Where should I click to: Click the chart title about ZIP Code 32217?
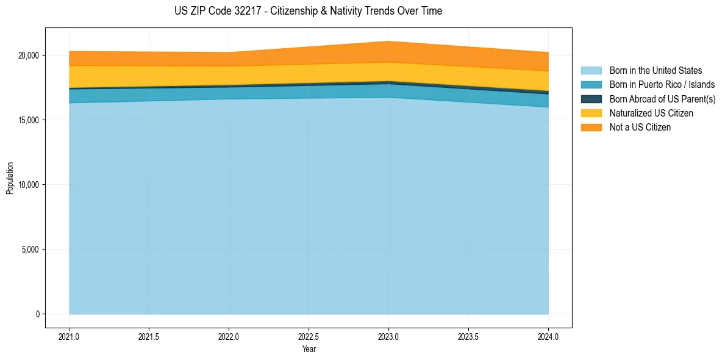click(x=308, y=11)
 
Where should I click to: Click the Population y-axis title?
click(x=10, y=178)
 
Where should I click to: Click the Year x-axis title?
click(x=309, y=349)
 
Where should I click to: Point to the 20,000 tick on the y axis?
click(x=28, y=56)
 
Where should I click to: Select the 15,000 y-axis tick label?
click(x=28, y=120)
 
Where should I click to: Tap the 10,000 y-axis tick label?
click(x=28, y=185)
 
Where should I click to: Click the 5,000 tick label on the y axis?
click(x=30, y=250)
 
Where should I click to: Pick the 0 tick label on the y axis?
click(x=37, y=314)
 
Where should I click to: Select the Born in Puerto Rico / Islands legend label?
click(x=662, y=85)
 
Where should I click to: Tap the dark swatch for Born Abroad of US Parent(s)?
click(x=591, y=99)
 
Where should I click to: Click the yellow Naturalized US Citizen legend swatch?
click(x=591, y=113)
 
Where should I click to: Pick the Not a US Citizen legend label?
click(x=640, y=128)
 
